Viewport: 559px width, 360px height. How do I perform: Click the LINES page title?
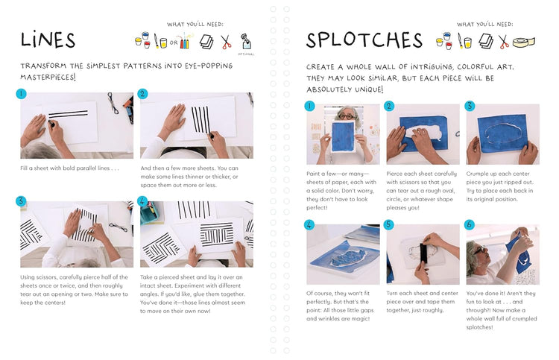coord(48,40)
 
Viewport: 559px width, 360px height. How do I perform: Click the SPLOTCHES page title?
coord(364,40)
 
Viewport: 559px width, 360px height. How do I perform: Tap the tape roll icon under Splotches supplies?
coord(524,42)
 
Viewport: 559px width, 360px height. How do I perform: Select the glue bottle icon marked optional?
coord(246,41)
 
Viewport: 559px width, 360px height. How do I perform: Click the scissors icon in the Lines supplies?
coord(226,42)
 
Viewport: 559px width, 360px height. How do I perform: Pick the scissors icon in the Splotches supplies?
coord(503,42)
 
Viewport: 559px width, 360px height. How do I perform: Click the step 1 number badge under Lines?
coord(21,94)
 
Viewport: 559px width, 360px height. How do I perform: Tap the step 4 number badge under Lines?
coord(142,201)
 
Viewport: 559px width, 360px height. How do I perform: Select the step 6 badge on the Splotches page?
coord(470,224)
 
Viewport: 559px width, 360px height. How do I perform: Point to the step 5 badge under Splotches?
coord(389,224)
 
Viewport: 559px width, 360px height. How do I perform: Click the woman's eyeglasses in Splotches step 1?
coord(346,116)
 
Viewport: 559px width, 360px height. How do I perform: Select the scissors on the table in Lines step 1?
coord(113,103)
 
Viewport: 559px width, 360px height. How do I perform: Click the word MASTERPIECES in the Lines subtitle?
coord(48,77)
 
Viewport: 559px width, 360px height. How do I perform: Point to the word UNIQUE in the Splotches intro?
coord(369,89)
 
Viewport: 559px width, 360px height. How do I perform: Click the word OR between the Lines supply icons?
coord(174,42)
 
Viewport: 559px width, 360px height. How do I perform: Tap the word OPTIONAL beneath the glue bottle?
coord(246,54)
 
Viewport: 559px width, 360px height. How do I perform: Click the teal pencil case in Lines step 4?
coord(150,212)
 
